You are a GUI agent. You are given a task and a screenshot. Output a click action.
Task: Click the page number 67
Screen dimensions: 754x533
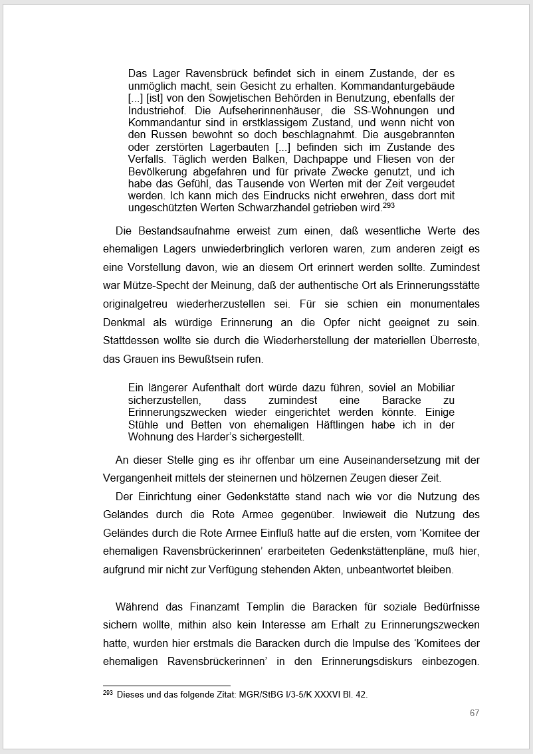[x=474, y=713]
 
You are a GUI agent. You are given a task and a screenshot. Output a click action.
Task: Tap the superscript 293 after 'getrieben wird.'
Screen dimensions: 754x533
[x=389, y=205]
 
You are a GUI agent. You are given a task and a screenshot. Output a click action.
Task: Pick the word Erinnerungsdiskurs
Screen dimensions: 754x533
[x=371, y=661]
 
